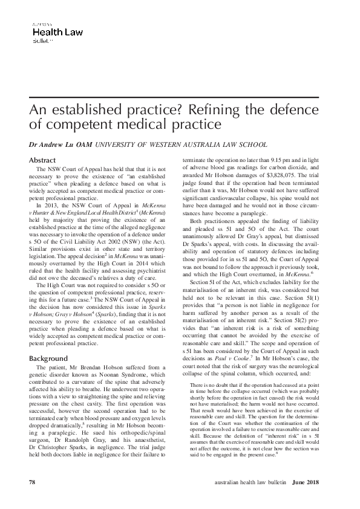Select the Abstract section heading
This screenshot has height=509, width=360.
point(42,160)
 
